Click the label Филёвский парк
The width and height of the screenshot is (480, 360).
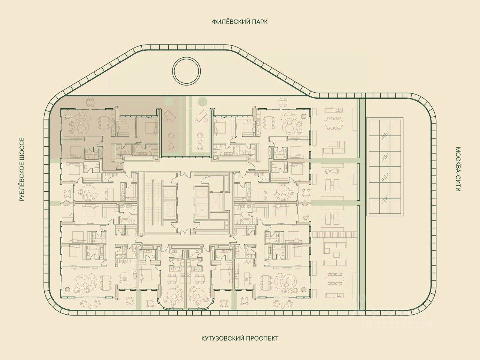(240, 22)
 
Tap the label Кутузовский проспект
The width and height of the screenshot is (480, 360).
(240, 338)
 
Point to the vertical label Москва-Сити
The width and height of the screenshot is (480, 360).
(458, 169)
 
